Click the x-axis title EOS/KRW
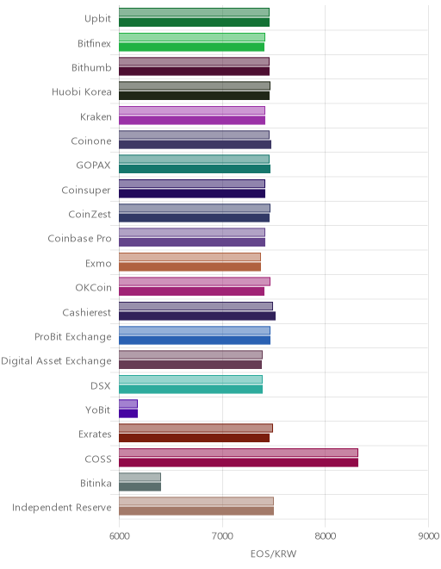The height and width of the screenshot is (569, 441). coord(273,553)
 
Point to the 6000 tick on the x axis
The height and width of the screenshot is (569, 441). coord(120,536)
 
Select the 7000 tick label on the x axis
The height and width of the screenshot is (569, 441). coord(222,536)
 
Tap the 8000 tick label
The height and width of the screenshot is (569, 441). coord(326,536)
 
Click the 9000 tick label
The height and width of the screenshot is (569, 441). coord(428,536)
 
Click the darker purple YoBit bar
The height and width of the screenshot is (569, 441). coord(128,414)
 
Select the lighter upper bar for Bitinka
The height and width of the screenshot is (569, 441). coord(140,477)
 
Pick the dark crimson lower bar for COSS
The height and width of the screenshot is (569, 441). coord(239,462)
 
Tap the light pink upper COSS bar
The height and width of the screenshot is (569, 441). coord(239,453)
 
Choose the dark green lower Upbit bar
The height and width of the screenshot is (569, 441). coord(195,22)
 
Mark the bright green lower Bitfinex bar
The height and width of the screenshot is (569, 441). coord(192,47)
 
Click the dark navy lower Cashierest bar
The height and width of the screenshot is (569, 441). coord(197,316)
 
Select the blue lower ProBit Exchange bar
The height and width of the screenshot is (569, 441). coord(195,341)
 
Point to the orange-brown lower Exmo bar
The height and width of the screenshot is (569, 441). coord(190,266)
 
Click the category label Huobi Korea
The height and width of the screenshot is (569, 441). coord(82,91)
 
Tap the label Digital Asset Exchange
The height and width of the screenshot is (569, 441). coord(56,361)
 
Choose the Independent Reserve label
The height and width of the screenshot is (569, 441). coord(62,507)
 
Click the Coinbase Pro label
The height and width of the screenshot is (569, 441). coord(79,239)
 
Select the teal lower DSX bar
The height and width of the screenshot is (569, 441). coord(190,389)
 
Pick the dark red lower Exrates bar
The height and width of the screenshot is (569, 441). coord(195,438)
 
